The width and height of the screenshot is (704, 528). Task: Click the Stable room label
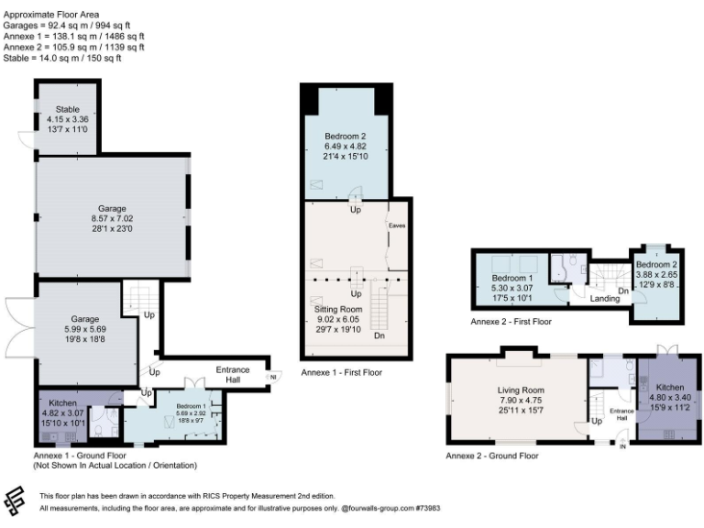(x=65, y=107)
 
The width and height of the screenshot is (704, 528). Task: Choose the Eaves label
(x=397, y=225)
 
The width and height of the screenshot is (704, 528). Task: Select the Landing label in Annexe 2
(x=605, y=298)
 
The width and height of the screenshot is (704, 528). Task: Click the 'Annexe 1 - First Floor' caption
(x=341, y=373)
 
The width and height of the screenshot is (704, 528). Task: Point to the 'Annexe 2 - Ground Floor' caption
(x=491, y=455)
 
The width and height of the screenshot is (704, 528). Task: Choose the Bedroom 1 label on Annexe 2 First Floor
(x=512, y=278)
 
